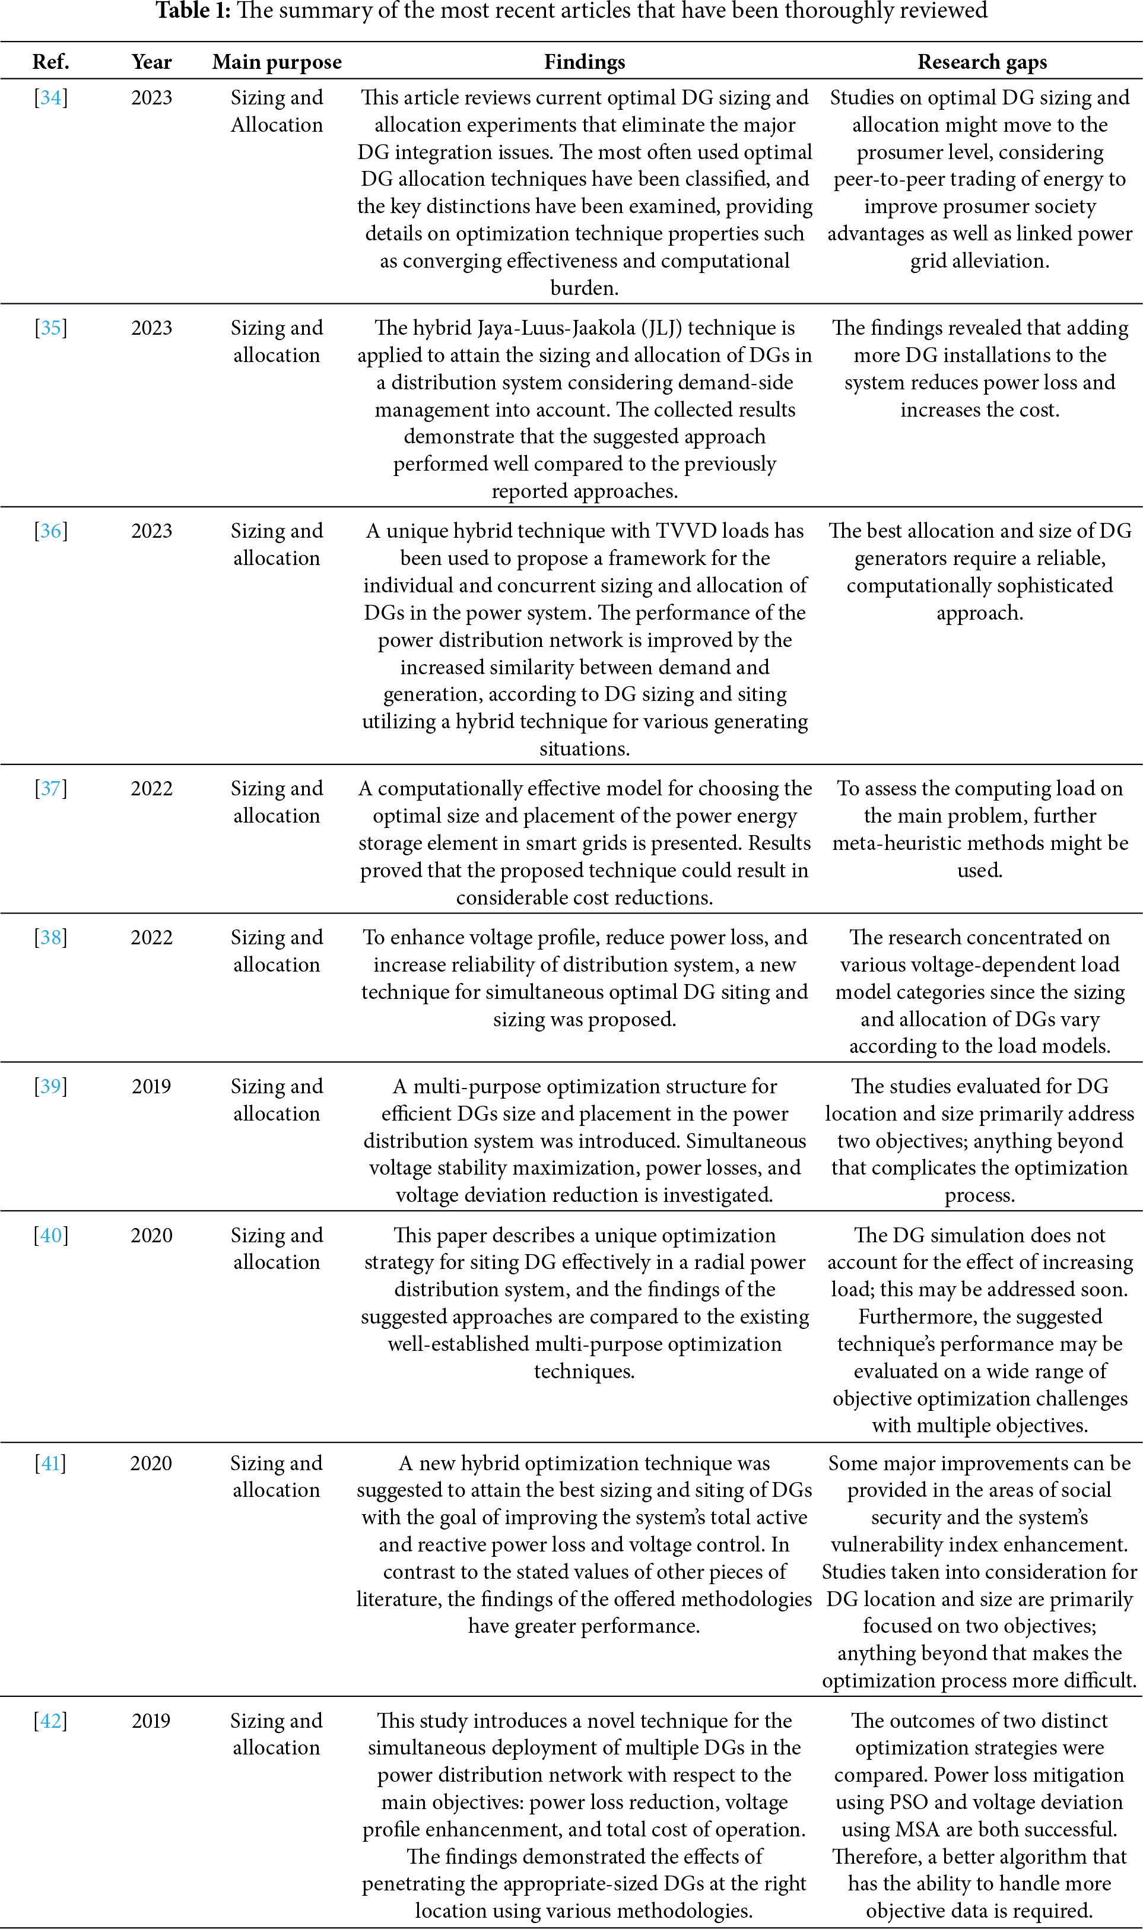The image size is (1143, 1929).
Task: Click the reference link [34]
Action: (x=51, y=98)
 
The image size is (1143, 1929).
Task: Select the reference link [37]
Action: (x=51, y=789)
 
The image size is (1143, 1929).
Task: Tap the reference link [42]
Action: (x=51, y=1721)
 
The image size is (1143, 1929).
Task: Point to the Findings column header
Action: (x=584, y=62)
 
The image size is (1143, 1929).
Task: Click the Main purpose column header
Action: (x=277, y=62)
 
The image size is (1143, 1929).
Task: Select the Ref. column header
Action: (x=51, y=62)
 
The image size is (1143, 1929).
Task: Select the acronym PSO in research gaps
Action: (x=909, y=1802)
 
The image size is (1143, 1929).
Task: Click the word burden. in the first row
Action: (x=584, y=288)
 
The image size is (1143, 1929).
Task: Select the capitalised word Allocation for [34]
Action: (x=277, y=125)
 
